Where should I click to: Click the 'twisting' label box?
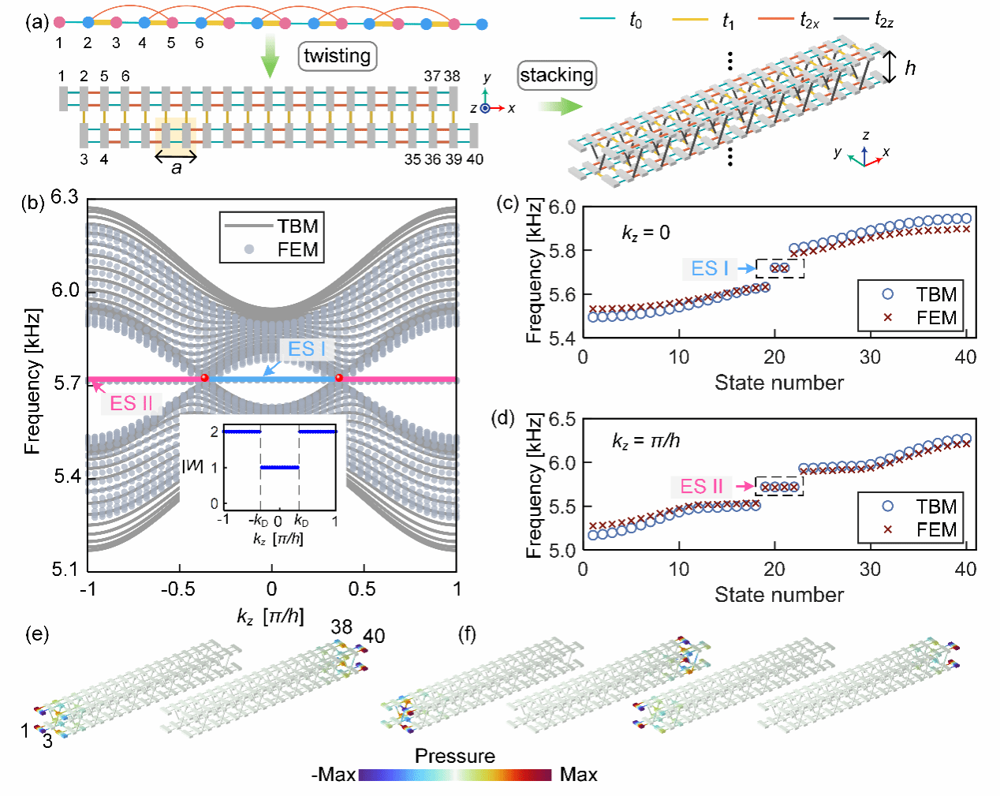click(x=337, y=56)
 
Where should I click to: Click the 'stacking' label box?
click(x=556, y=75)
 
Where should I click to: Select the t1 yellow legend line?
click(x=690, y=19)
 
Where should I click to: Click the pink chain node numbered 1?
click(x=59, y=22)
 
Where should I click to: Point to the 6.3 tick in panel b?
click(x=65, y=196)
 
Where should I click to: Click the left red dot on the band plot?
click(x=205, y=378)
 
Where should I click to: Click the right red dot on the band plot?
click(x=339, y=378)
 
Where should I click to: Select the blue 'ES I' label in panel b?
click(x=306, y=349)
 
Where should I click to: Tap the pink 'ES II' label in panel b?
click(x=131, y=403)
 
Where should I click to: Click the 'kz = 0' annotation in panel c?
click(x=645, y=233)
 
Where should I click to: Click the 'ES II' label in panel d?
click(x=701, y=486)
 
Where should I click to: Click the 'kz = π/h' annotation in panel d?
click(x=645, y=440)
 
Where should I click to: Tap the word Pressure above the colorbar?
click(x=455, y=756)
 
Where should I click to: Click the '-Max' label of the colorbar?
click(x=334, y=775)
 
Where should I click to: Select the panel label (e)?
click(x=37, y=633)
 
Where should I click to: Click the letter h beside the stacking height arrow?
click(x=910, y=69)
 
